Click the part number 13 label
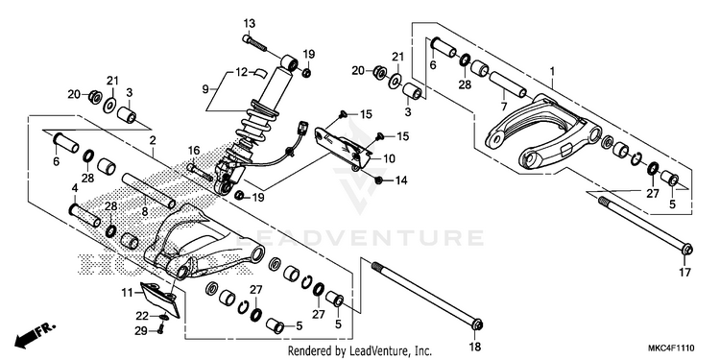tap(250, 23)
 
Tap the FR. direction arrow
tap(35, 335)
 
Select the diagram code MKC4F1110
tap(671, 348)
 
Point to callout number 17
tap(684, 273)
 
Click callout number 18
tap(474, 347)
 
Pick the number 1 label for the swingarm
tap(553, 72)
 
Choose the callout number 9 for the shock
tap(205, 87)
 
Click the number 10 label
tap(389, 158)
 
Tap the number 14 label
tap(401, 180)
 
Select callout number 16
tap(194, 150)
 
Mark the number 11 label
tap(127, 292)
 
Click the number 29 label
tap(140, 330)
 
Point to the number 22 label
tap(141, 316)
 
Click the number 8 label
tap(144, 212)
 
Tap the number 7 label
tap(504, 107)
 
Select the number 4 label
tap(75, 187)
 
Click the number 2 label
tap(153, 140)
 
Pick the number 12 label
tap(242, 72)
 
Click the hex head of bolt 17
tap(687, 250)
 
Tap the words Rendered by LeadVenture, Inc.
tap(360, 351)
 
